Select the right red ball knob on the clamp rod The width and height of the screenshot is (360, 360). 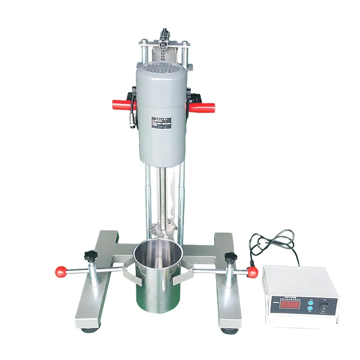[x=252, y=271]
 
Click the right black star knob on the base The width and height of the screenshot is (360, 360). [x=230, y=258]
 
